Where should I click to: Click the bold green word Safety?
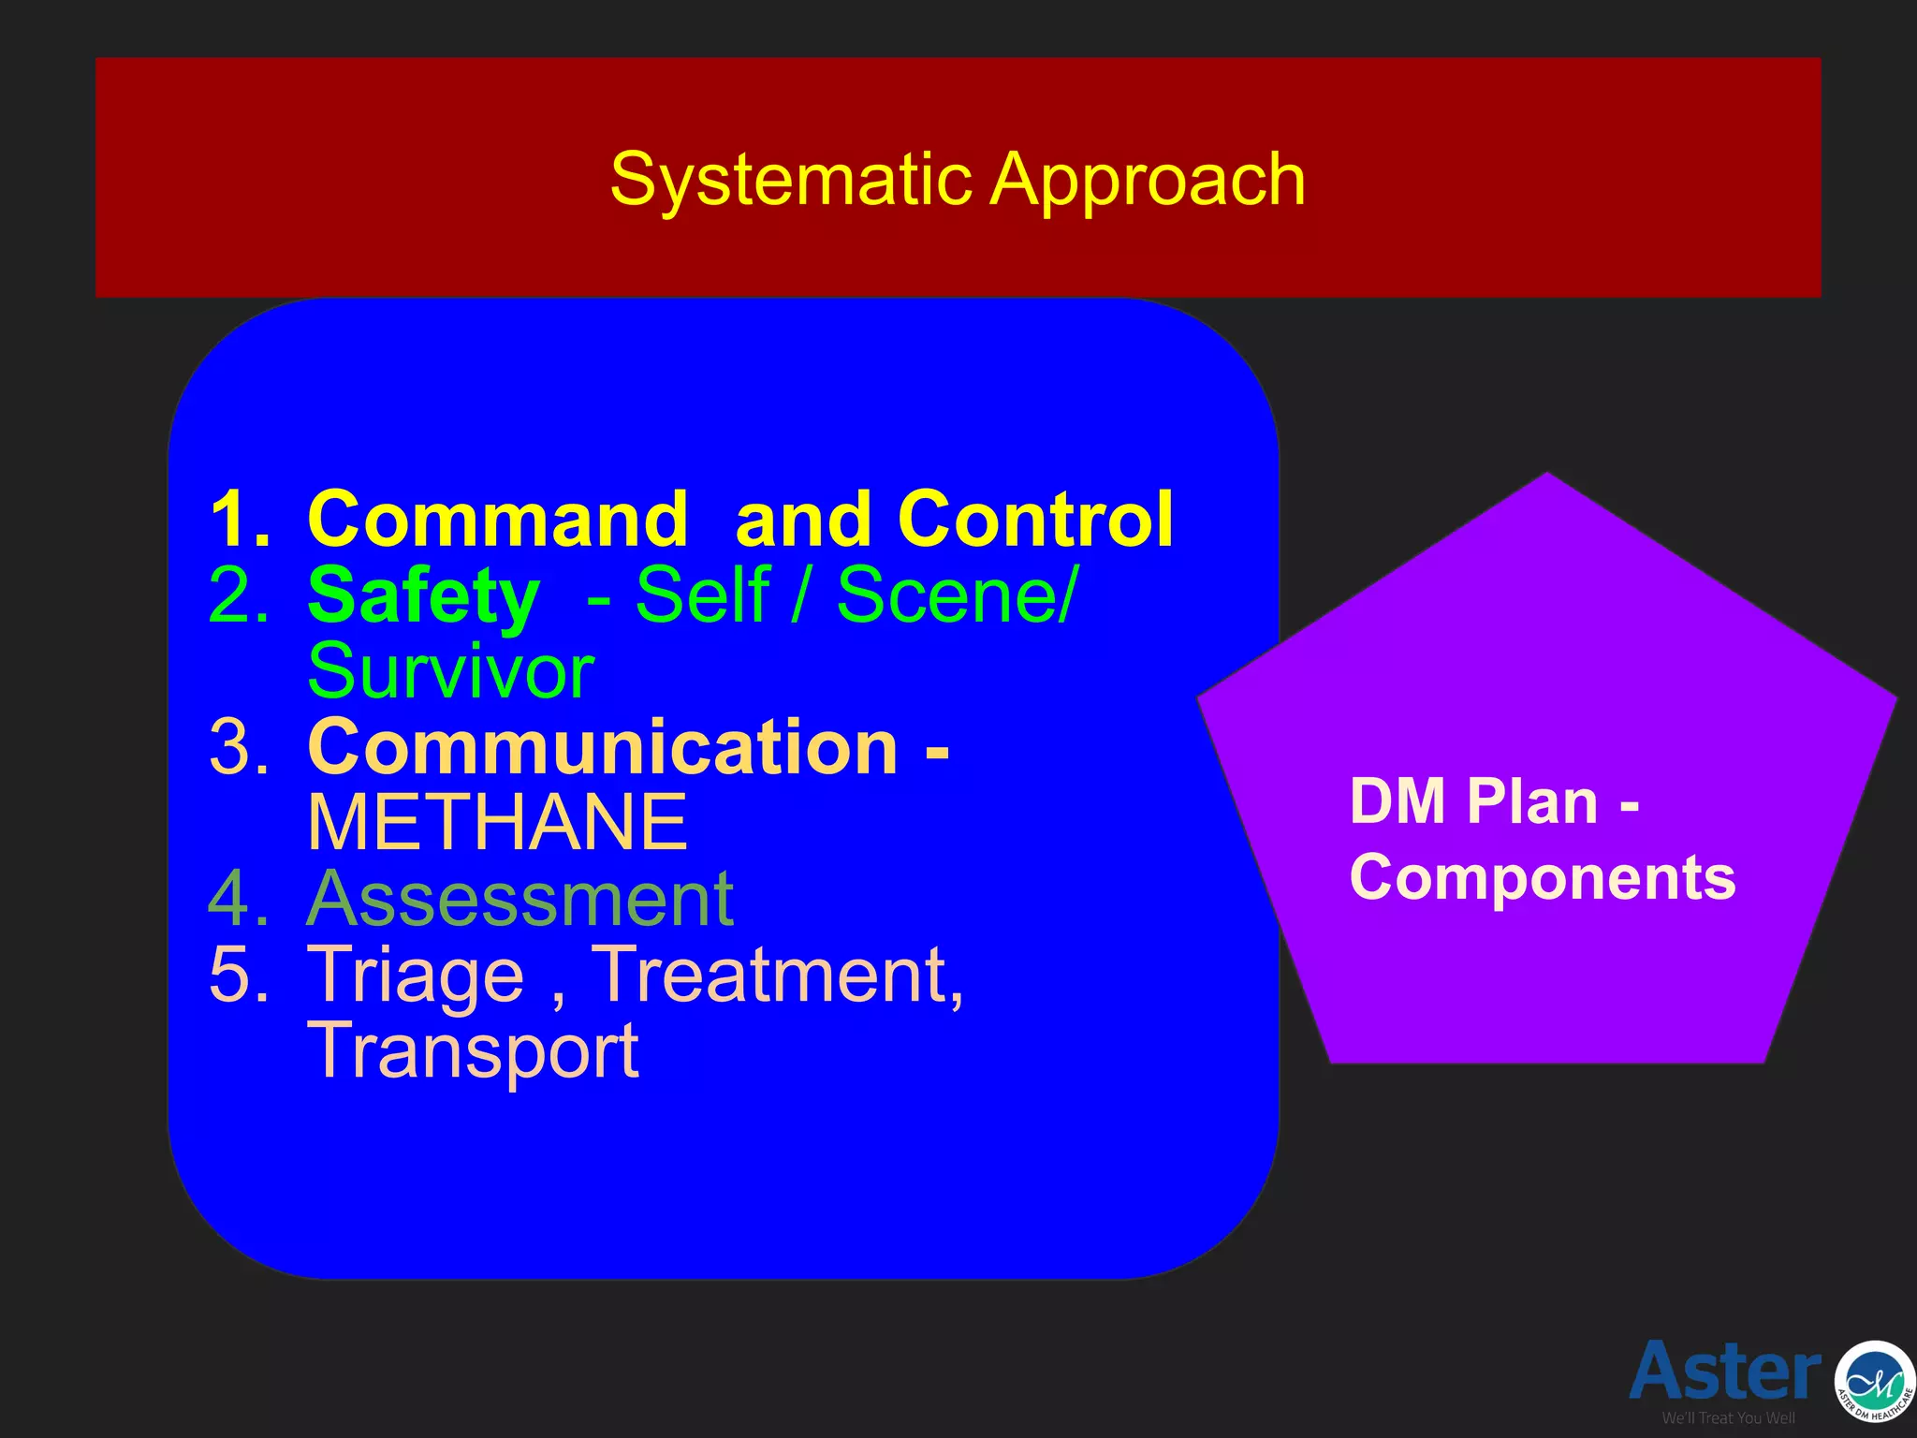pos(423,596)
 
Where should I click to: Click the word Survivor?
pos(450,671)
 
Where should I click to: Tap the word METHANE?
pos(497,823)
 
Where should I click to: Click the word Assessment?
pos(519,899)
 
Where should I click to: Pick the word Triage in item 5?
pos(416,976)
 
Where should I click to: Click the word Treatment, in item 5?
pos(778,976)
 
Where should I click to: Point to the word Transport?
pos(473,1051)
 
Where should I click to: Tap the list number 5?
pos(239,976)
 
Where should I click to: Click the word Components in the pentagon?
pos(1542,878)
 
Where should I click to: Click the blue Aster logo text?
pos(1724,1371)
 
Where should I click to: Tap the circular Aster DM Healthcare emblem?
pos(1873,1382)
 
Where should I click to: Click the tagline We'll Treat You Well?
pos(1728,1418)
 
